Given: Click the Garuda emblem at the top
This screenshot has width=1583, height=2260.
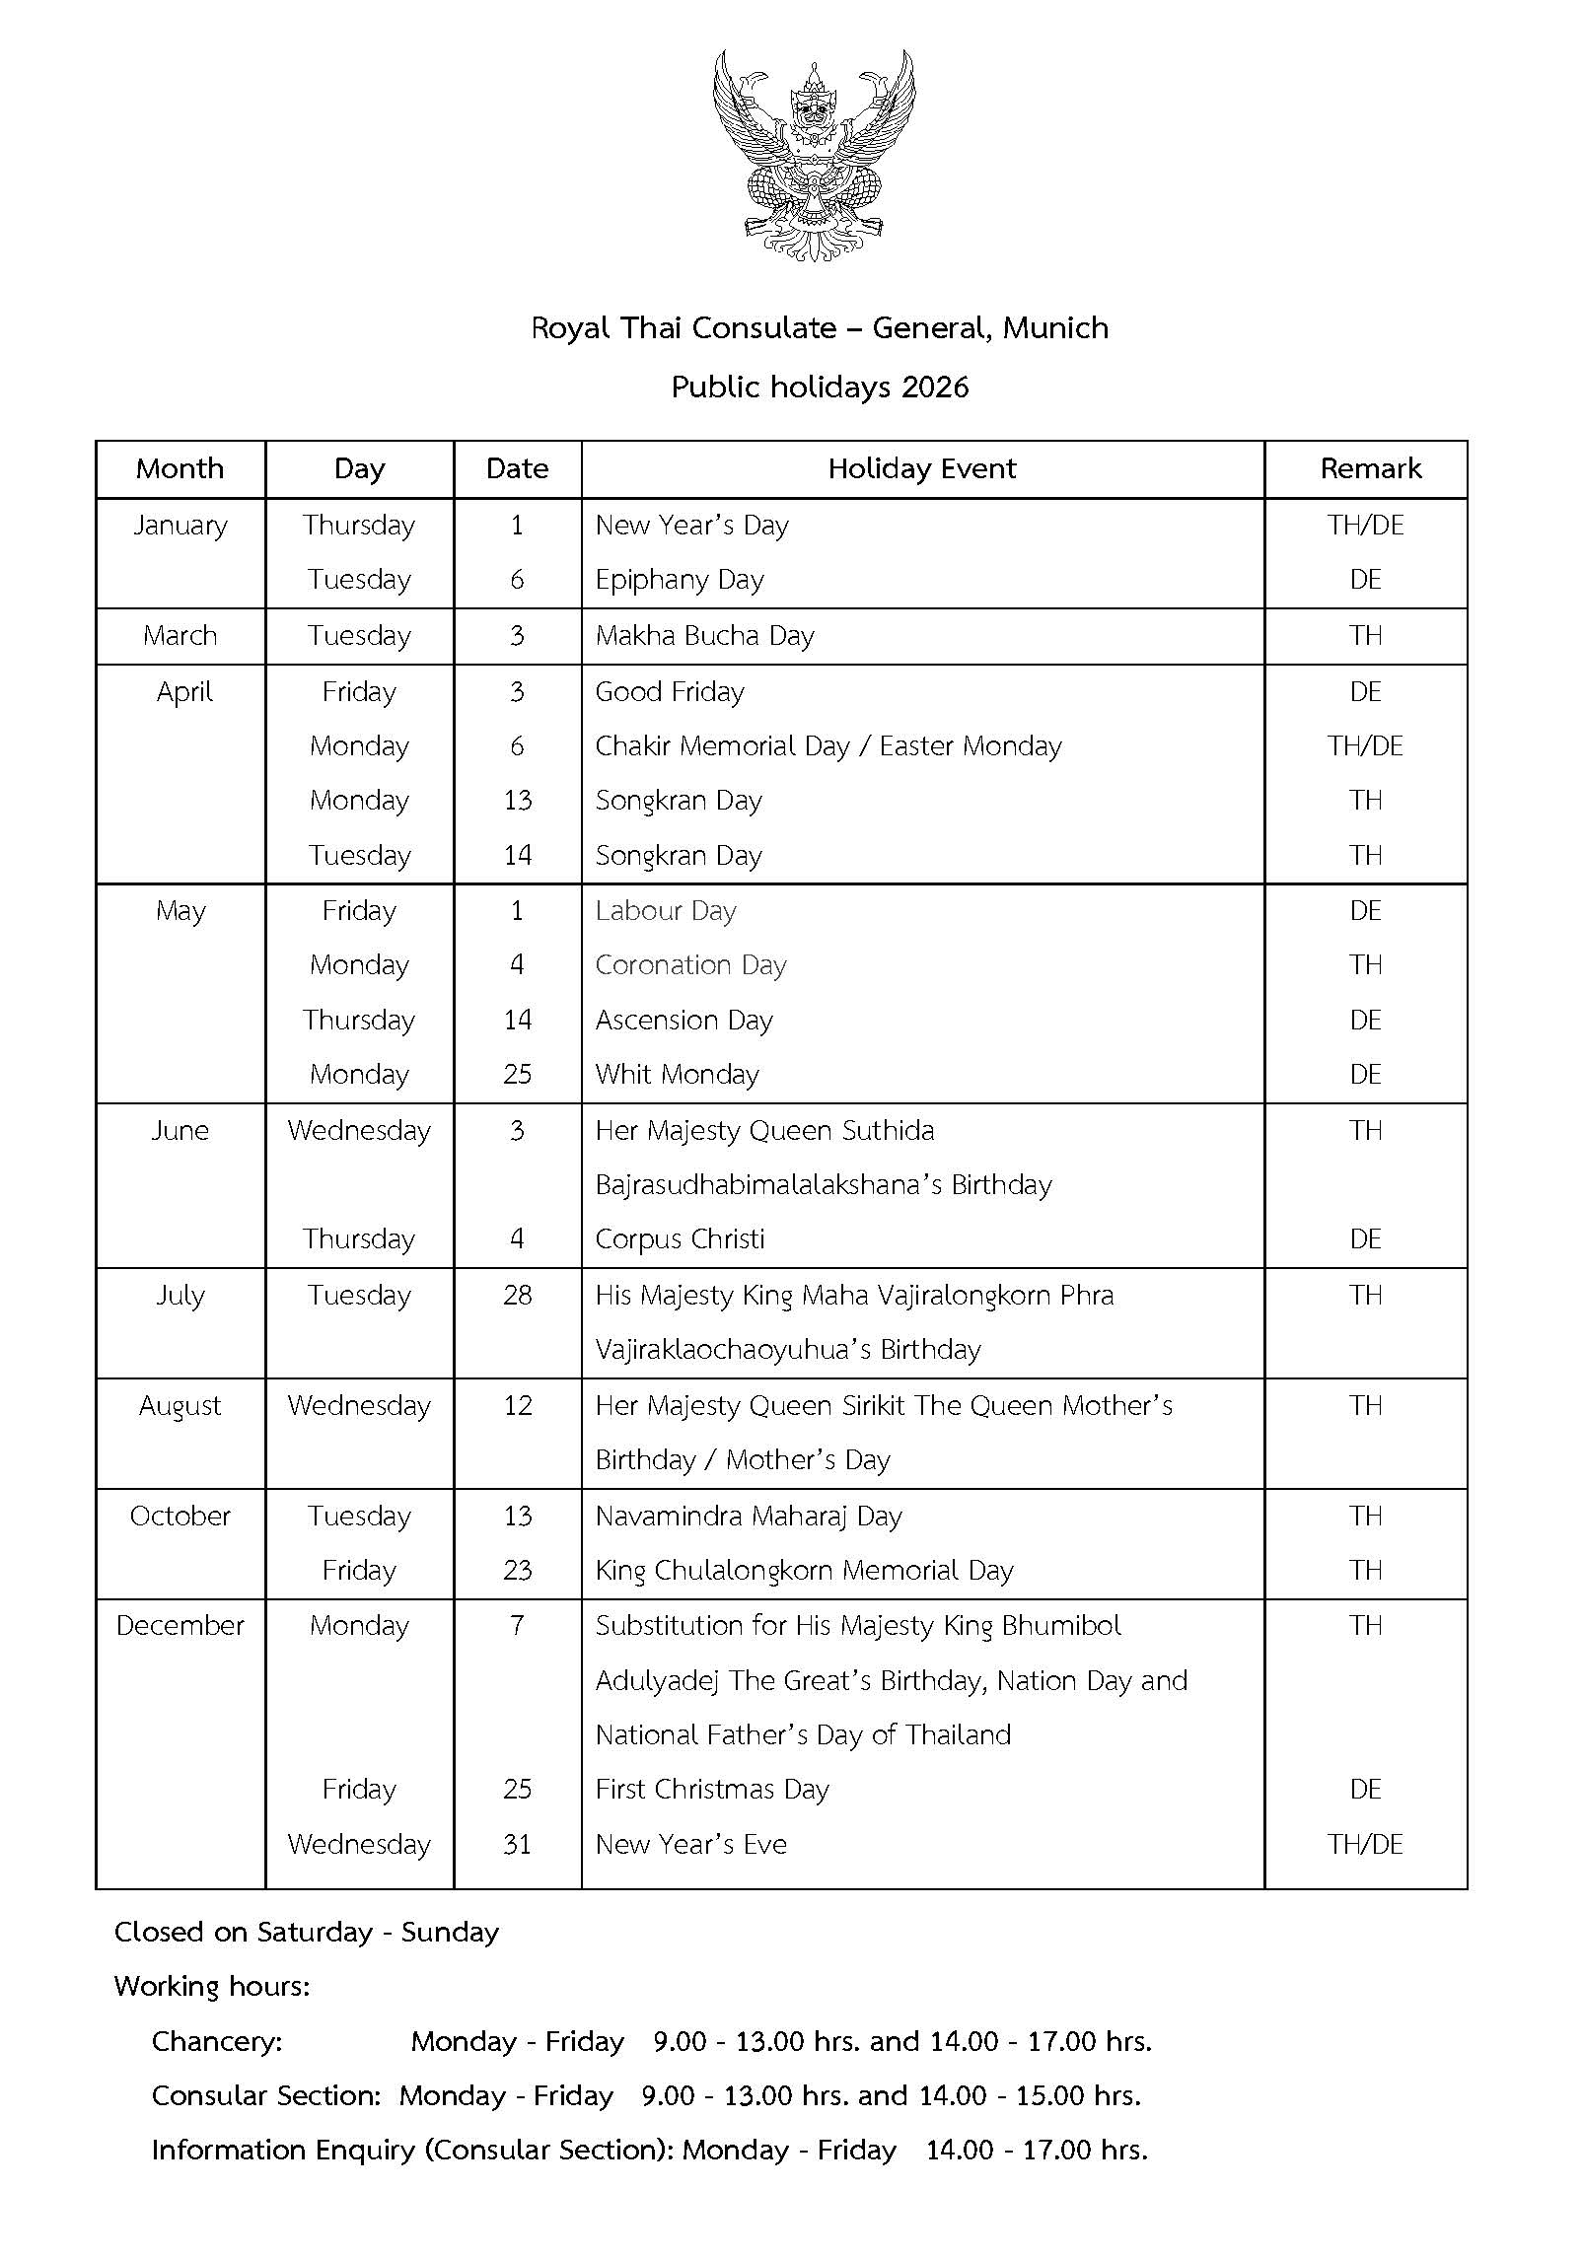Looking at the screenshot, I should click(x=813, y=155).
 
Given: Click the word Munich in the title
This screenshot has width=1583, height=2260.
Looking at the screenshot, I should click(x=1055, y=327).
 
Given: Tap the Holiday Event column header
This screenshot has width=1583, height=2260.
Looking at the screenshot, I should click(x=921, y=468).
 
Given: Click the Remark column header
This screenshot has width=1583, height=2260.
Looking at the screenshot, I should click(x=1370, y=468).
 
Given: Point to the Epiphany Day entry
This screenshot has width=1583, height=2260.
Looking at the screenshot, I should click(x=679, y=580).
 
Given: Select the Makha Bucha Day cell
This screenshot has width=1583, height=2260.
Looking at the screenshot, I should click(x=704, y=636).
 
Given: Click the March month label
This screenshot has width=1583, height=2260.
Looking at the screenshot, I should click(x=180, y=636).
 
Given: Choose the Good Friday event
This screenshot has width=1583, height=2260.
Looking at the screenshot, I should click(x=669, y=692).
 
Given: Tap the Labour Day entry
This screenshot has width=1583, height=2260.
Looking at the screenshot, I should click(x=665, y=911).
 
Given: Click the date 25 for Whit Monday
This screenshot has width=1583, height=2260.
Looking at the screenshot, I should click(x=517, y=1075).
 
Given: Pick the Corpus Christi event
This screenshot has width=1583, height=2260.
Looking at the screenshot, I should click(x=680, y=1239).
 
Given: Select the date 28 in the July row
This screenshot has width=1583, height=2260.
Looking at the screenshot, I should click(x=517, y=1296).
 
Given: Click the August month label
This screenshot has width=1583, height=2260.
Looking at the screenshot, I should click(x=180, y=1406).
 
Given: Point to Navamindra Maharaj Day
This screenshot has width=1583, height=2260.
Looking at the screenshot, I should click(x=748, y=1517).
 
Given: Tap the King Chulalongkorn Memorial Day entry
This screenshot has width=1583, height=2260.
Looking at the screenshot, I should click(x=804, y=1571).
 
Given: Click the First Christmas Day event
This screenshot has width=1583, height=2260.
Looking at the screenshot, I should click(x=711, y=1790).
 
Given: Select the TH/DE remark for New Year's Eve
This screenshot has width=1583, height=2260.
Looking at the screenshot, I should click(x=1365, y=1845).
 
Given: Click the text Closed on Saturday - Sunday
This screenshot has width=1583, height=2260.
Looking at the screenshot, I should click(x=307, y=1932).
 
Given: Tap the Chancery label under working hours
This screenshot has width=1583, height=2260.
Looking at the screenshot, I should click(x=217, y=2041).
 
